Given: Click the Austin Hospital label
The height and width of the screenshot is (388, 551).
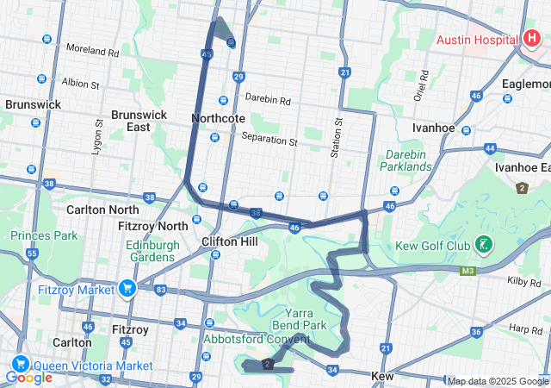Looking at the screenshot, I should tap(476, 40).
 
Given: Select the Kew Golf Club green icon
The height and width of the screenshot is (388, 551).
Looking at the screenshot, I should tap(486, 247).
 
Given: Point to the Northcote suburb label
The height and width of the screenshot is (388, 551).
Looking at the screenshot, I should tap(219, 118).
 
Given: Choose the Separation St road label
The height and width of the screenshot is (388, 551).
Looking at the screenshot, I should tap(269, 138).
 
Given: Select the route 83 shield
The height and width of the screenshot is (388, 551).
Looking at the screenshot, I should tap(161, 290).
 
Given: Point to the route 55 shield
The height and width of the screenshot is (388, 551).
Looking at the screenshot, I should tap(32, 253).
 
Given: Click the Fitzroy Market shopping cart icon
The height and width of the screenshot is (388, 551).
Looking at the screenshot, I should tap(128, 287).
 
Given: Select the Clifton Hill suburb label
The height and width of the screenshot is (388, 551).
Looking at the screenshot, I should tap(229, 241).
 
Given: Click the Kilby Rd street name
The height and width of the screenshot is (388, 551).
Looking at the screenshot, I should tap(523, 282).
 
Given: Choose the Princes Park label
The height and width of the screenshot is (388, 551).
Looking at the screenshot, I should tap(43, 235).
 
